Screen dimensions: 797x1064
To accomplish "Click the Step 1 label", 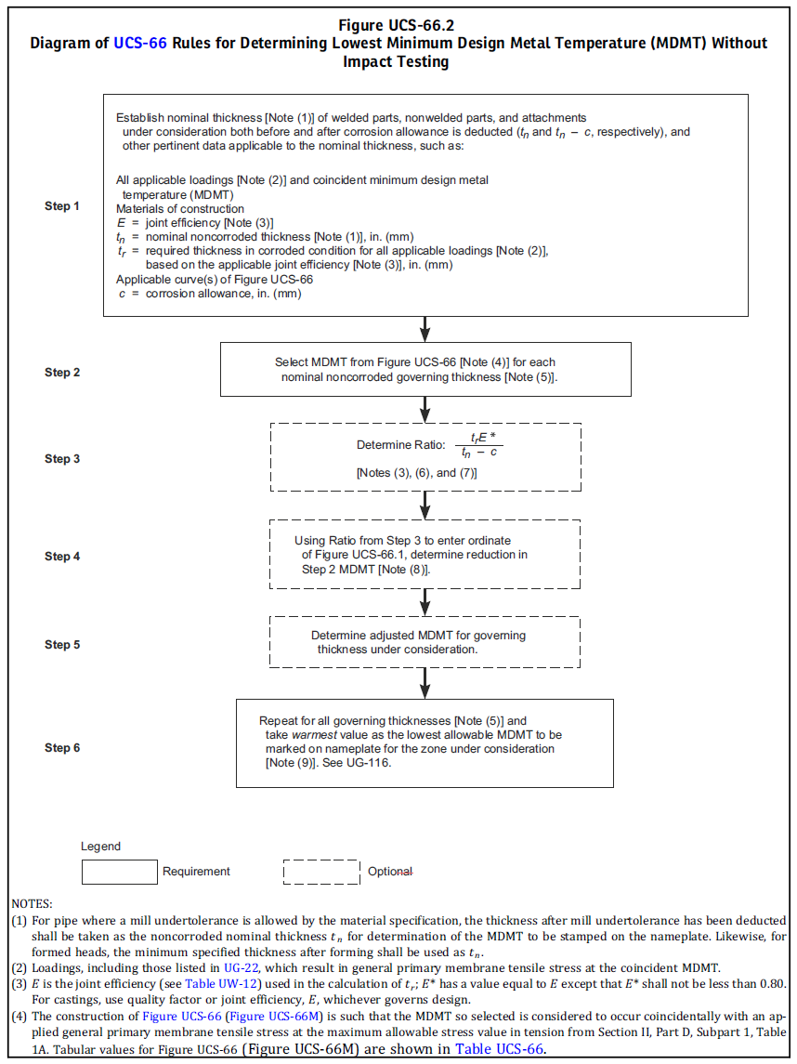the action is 61,205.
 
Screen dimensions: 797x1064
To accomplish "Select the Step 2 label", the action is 61,372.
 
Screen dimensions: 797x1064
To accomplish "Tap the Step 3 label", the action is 61,459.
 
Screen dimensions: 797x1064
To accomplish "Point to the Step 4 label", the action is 61,557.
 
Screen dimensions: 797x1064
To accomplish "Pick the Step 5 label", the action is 61,645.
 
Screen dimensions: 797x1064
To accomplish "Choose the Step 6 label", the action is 61,748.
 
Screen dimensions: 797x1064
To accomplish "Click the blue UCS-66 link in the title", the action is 139,44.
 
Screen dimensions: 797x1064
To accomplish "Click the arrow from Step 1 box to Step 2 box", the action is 425,329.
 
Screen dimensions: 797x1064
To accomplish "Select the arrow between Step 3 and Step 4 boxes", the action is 425,505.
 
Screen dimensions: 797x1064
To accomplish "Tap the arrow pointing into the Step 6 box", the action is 425,683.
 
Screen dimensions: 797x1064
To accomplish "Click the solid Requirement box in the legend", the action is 120,872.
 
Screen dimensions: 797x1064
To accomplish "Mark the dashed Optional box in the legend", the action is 321,872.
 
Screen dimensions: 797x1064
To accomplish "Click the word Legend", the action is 100,847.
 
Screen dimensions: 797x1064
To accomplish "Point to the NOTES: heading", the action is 32,904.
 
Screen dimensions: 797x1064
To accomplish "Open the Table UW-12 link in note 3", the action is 221,984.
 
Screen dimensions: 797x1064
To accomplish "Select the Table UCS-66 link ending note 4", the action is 499,1048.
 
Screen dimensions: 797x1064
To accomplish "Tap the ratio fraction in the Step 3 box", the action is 479,444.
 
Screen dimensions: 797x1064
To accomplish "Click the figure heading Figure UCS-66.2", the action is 397,26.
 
